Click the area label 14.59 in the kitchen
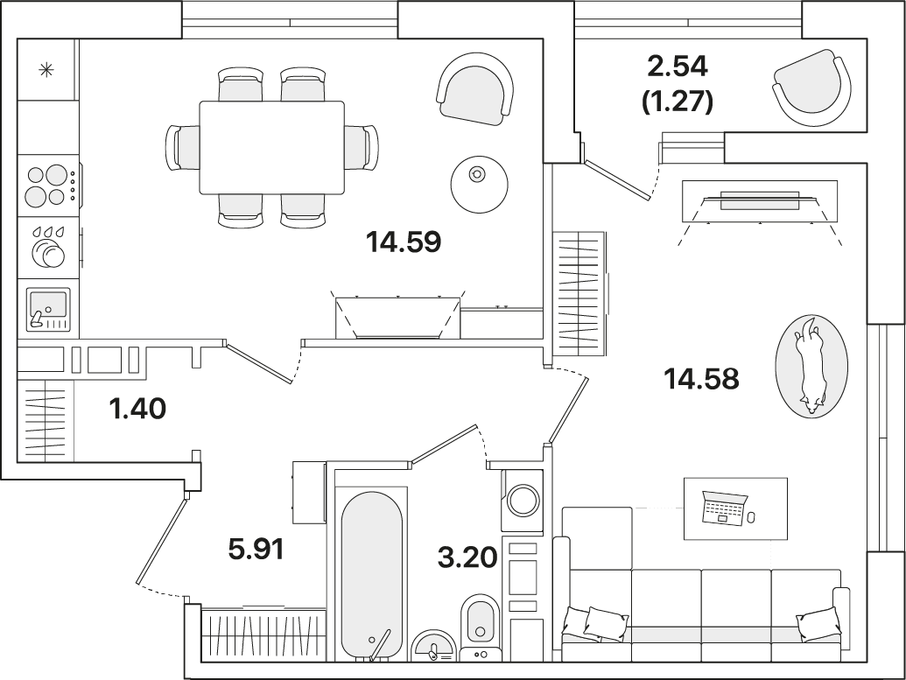pyautogui.click(x=404, y=242)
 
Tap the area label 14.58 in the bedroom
pyautogui.click(x=702, y=379)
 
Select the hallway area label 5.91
pyautogui.click(x=256, y=549)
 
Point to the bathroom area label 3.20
pyautogui.click(x=468, y=558)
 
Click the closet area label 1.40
pyautogui.click(x=137, y=409)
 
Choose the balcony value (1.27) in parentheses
pyautogui.click(x=678, y=102)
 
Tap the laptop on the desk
pyautogui.click(x=724, y=508)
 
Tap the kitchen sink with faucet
pyautogui.click(x=48, y=309)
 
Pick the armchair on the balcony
pyautogui.click(x=811, y=88)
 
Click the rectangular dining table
pyautogui.click(x=271, y=147)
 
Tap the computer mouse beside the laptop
pyautogui.click(x=751, y=516)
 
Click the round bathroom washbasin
pyautogui.click(x=433, y=645)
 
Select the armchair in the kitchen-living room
pyautogui.click(x=475, y=88)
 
